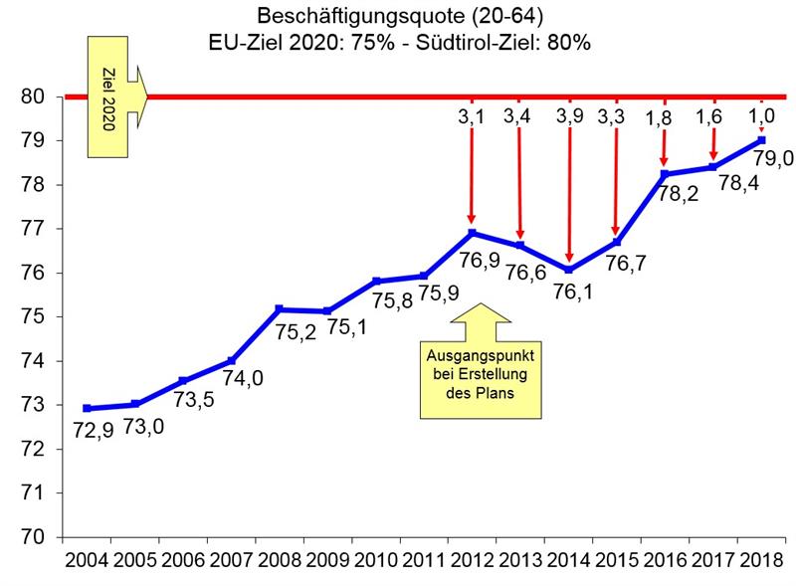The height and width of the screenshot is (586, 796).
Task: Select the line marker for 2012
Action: tap(472, 233)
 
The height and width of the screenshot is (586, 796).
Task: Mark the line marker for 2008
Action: tap(280, 309)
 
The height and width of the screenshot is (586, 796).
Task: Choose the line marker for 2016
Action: tap(664, 174)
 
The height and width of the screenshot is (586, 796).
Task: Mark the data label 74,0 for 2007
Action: tap(243, 379)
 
